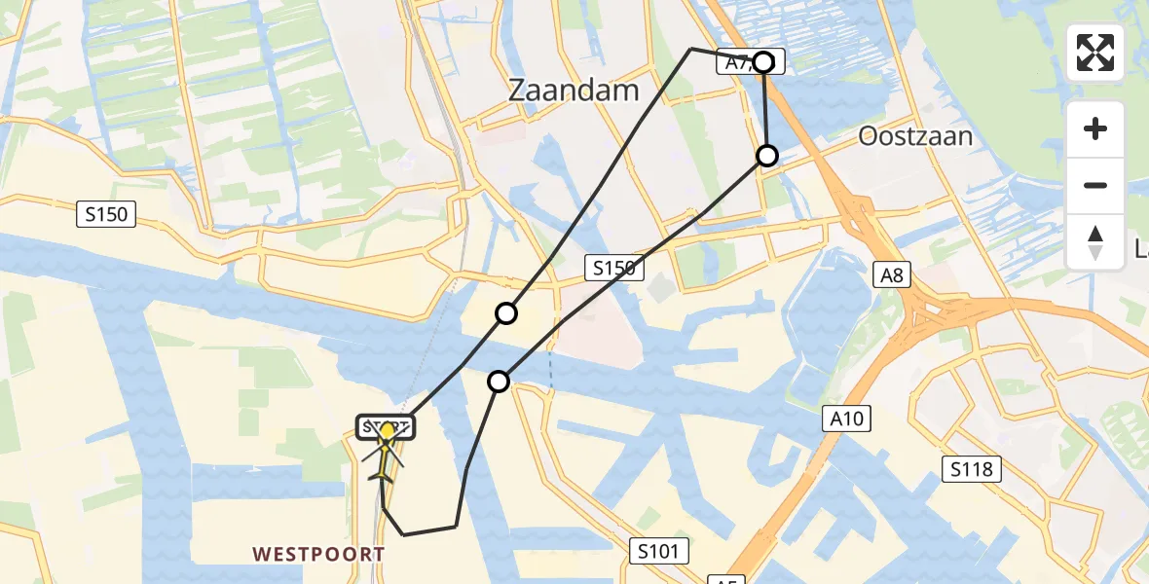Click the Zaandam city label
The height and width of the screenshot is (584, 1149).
574,91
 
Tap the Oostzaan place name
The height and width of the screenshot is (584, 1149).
914,136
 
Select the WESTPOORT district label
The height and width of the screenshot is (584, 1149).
318,554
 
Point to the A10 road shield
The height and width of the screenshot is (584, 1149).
846,420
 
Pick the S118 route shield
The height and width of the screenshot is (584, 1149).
972,470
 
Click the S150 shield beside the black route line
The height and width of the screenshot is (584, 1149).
614,268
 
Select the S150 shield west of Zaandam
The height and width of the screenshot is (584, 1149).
106,214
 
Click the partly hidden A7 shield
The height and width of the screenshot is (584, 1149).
736,62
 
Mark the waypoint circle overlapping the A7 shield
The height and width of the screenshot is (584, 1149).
764,62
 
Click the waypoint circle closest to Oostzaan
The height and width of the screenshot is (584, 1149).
767,156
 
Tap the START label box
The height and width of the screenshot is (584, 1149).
387,426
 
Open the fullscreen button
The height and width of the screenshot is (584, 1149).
1095,53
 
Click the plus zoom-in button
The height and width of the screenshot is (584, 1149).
1095,128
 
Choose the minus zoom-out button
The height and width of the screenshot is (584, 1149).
1095,185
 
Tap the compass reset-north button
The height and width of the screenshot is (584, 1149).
1095,241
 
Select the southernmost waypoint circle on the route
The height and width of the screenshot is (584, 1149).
499,382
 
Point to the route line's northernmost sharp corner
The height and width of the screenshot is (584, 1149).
690,48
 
